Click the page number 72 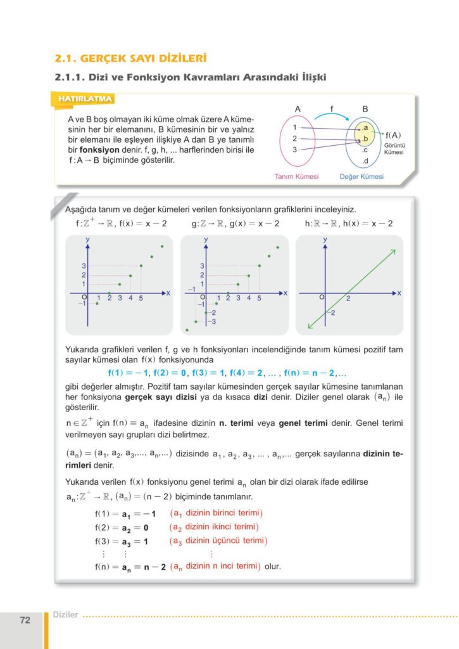(25, 620)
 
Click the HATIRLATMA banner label (85, 100)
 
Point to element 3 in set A (294, 150)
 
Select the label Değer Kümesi (362, 177)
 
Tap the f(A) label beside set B (394, 135)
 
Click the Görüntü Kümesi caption (394, 148)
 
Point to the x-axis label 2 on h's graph (348, 298)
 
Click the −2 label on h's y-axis (331, 314)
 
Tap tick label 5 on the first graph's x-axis (141, 298)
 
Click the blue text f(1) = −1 (129, 373)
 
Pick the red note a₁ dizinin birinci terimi (217, 512)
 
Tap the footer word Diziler (66, 615)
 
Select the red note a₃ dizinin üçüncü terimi (219, 541)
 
